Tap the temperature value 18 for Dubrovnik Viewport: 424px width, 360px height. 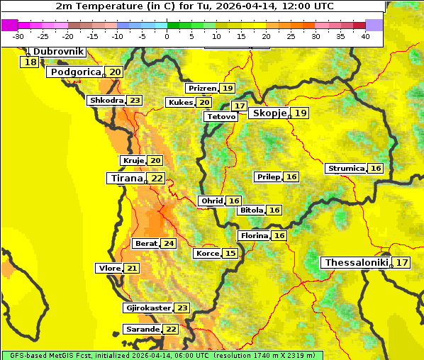tap(30, 62)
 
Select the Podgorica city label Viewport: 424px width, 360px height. tap(74, 72)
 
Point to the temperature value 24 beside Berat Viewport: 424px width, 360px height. tap(168, 244)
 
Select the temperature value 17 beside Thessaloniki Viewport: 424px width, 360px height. tap(402, 263)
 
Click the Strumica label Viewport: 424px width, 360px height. tap(346, 169)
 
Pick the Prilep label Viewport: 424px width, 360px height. tap(268, 176)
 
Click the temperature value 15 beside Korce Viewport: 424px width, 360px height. tap(230, 254)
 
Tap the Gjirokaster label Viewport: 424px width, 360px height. tap(147, 308)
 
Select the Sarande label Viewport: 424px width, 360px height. tap(142, 330)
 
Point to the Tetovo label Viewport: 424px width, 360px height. tap(221, 116)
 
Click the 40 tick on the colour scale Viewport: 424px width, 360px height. tap(365, 36)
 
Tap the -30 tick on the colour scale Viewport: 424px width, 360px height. tap(18, 36)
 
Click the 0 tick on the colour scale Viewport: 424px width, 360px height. tap(167, 36)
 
